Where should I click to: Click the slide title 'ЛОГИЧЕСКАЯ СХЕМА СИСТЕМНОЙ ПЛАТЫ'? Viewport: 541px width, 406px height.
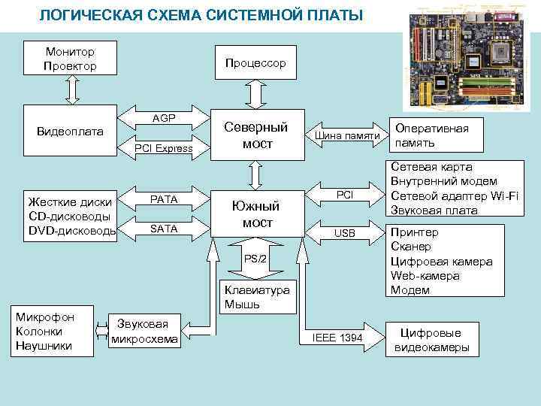[200, 15]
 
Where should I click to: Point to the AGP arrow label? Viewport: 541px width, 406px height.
[164, 119]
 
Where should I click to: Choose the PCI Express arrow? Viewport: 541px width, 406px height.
[164, 149]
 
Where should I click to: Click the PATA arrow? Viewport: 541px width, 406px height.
[164, 199]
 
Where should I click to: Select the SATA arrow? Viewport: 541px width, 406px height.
[164, 229]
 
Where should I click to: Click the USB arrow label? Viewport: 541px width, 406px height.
[344, 233]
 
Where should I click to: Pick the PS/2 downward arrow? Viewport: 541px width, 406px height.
[255, 259]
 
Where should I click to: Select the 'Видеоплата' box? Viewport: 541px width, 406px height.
[71, 132]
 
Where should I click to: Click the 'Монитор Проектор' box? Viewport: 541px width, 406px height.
[70, 59]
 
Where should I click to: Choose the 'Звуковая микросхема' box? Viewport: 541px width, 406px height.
[144, 332]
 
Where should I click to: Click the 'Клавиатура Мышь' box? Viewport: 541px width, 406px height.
[256, 297]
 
